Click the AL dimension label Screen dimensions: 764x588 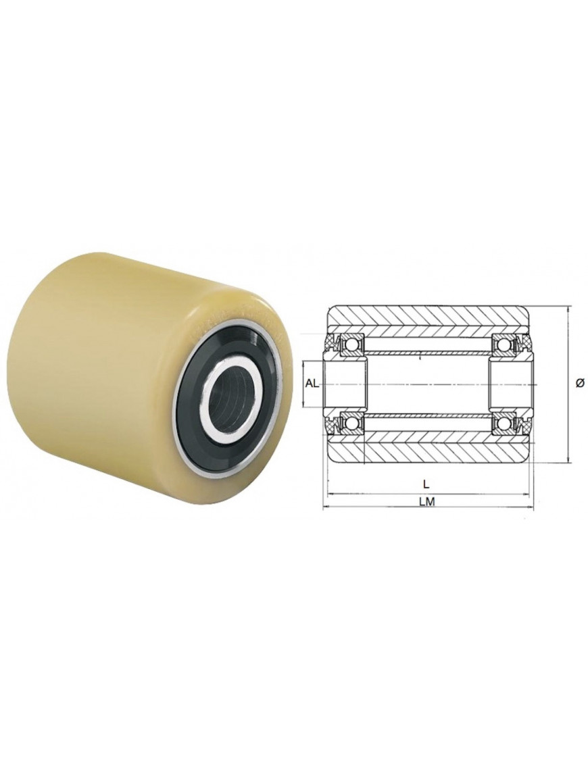coord(312,384)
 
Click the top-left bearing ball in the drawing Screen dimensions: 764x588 coord(351,345)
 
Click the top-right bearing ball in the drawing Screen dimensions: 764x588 coord(504,345)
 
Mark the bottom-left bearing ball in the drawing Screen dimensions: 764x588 coord(351,423)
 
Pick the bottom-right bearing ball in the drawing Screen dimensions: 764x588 coord(504,423)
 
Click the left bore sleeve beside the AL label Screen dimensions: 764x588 coord(345,384)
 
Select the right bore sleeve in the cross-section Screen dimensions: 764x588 coord(511,384)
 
